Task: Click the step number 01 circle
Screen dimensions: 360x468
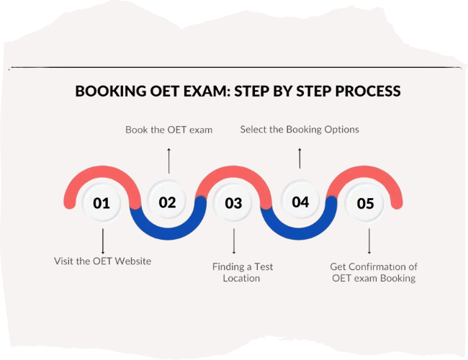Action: click(x=102, y=203)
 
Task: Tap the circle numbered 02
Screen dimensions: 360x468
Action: click(x=167, y=202)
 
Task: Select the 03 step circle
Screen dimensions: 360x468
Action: click(x=233, y=203)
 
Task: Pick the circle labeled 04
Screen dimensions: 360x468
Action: click(x=300, y=202)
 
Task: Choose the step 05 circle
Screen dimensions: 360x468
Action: click(x=366, y=203)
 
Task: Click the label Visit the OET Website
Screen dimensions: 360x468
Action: click(x=103, y=261)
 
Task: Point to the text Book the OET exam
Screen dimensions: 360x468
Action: click(x=168, y=130)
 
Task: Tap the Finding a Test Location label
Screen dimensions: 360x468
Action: click(x=242, y=272)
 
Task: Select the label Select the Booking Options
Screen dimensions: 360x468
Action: click(x=300, y=130)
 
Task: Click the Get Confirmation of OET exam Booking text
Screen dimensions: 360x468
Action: click(x=373, y=272)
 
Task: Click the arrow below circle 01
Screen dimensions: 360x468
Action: click(x=103, y=241)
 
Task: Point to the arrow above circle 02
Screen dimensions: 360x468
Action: click(x=169, y=160)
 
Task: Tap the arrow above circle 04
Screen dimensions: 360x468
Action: click(x=300, y=158)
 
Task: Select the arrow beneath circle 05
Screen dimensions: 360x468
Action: click(x=369, y=241)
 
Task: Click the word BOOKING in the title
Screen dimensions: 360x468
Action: click(x=108, y=92)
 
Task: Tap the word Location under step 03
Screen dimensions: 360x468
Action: click(x=242, y=278)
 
